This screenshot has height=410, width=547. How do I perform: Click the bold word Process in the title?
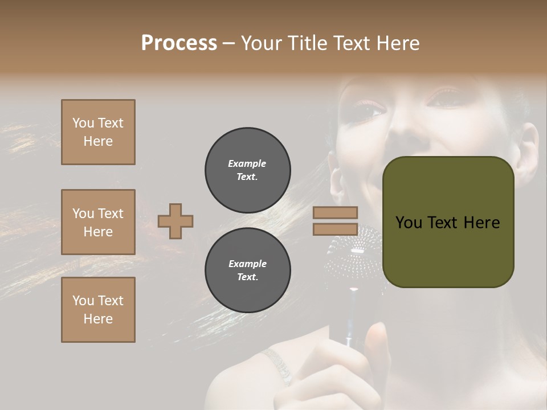point(179,43)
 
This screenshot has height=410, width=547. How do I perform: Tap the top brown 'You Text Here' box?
point(98,132)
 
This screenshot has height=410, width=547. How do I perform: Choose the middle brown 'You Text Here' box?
point(98,222)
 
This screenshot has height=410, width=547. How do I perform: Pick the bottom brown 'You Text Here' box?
point(98,310)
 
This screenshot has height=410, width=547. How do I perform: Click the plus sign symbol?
point(175,221)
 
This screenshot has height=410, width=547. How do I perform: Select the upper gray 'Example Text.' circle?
point(248,170)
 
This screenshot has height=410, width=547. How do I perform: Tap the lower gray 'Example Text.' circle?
point(248,270)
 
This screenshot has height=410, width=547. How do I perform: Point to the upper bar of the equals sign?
point(336,212)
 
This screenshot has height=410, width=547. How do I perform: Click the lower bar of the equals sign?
point(336,229)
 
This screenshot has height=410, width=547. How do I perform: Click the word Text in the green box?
point(448,223)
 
